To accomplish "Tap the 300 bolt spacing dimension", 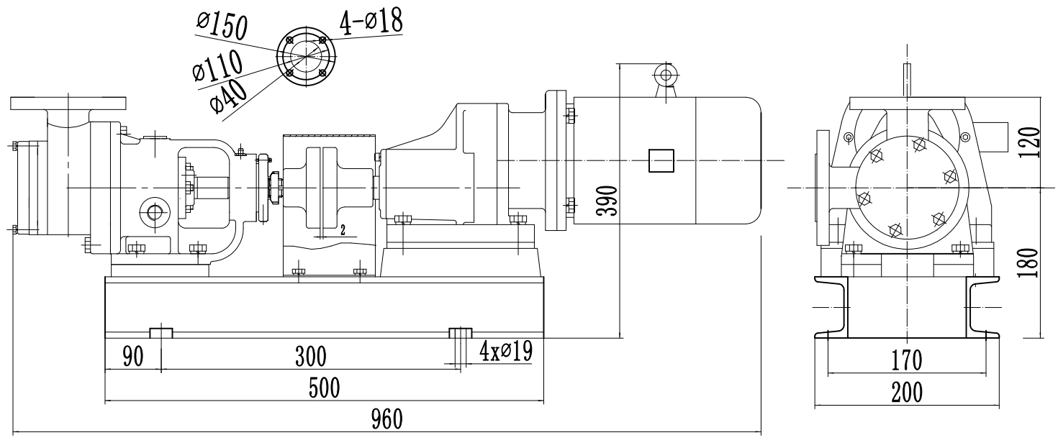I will click(x=310, y=356).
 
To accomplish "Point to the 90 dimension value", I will click(x=132, y=356).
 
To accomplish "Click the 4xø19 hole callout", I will click(x=505, y=352).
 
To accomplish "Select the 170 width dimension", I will click(x=906, y=357).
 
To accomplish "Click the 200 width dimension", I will click(x=906, y=393).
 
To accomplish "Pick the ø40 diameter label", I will click(x=229, y=94).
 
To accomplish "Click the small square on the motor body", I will click(x=661, y=160).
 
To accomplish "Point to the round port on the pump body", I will click(x=154, y=212).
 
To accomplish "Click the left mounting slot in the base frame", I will click(x=161, y=332).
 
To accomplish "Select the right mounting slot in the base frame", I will click(x=461, y=332).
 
